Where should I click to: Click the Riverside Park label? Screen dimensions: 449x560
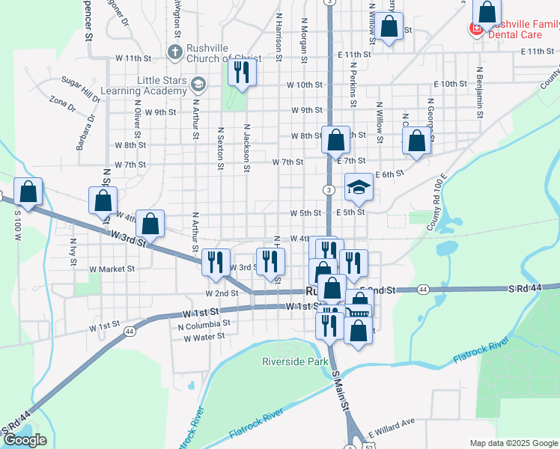point(296,361)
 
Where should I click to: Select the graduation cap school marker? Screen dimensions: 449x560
point(359,188)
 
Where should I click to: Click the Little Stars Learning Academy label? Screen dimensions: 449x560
point(161,85)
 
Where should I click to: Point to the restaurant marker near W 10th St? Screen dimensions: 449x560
point(242,73)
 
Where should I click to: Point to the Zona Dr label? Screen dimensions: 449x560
point(62,103)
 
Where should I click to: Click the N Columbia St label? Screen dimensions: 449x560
point(204,325)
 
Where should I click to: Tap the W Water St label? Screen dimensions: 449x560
point(204,337)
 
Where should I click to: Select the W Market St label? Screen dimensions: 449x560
point(112,269)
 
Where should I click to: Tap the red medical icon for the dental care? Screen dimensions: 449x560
point(475,29)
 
